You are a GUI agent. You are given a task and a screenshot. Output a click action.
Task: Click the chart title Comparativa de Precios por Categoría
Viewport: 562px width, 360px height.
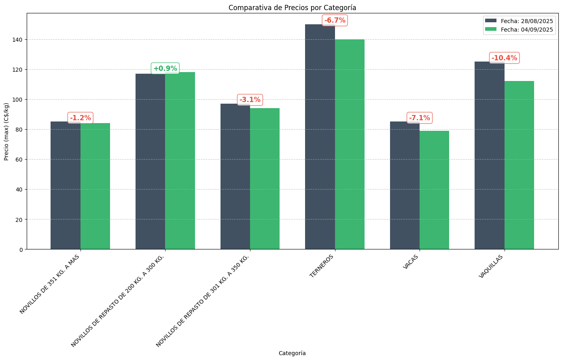click(292, 8)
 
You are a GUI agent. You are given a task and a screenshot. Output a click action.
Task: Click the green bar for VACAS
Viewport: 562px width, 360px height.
click(434, 190)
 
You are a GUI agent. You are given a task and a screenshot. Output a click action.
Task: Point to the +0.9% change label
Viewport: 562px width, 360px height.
click(165, 68)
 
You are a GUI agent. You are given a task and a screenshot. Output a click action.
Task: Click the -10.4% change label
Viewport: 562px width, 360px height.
click(504, 58)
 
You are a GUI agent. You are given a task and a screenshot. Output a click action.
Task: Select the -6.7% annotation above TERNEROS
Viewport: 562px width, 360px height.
click(335, 20)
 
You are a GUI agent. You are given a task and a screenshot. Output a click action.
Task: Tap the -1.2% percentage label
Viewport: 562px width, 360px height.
click(81, 118)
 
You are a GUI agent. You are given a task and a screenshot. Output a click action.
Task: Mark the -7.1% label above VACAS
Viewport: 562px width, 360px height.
click(420, 118)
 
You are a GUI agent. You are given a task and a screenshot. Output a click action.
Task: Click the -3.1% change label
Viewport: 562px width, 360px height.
click(250, 100)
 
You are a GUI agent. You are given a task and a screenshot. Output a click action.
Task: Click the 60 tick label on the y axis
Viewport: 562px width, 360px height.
click(19, 160)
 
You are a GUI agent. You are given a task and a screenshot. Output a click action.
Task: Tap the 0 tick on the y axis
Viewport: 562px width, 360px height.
click(21, 249)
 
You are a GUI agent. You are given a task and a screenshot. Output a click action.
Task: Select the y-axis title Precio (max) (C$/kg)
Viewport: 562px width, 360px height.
click(6, 131)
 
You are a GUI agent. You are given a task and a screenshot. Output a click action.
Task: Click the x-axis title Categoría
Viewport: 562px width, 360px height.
click(292, 353)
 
